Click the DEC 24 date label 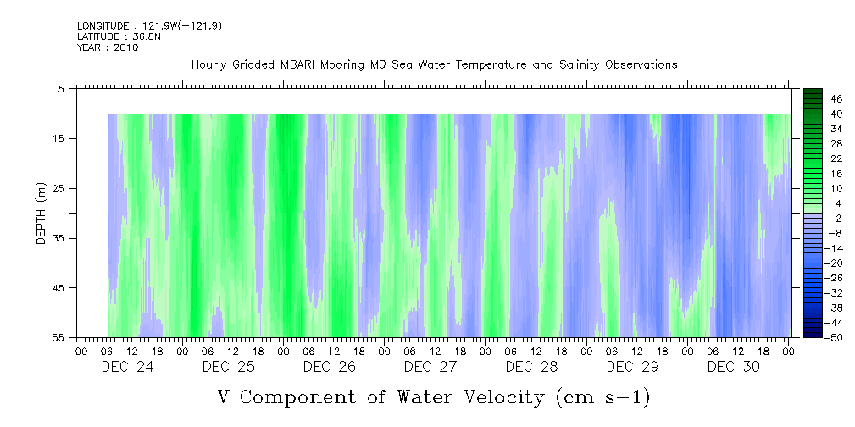click(x=128, y=367)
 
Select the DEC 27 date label click(x=430, y=367)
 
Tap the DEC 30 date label click(x=734, y=367)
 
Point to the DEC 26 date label click(x=330, y=367)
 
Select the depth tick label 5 click(x=60, y=89)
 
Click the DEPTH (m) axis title click(x=42, y=213)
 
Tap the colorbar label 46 click(x=836, y=99)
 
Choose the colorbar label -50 click(x=835, y=338)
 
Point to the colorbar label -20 click(x=835, y=263)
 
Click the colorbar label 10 click(x=836, y=189)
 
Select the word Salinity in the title click(x=580, y=65)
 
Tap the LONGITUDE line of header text click(x=149, y=25)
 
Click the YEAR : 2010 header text click(x=108, y=47)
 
